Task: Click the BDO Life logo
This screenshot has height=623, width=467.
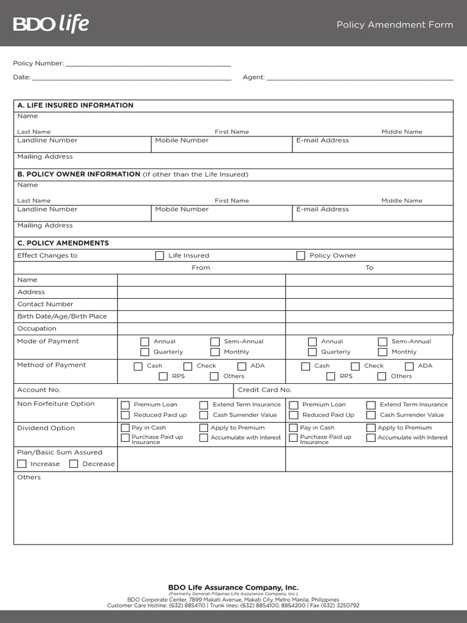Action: (x=51, y=24)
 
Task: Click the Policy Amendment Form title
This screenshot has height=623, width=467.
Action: (x=395, y=25)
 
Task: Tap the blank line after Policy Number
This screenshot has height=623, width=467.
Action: (x=148, y=64)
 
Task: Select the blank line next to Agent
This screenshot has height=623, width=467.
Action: (x=360, y=78)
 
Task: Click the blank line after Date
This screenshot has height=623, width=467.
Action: (x=131, y=78)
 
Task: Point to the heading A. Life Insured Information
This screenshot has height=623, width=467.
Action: (x=75, y=105)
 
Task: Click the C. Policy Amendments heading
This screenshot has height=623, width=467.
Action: (x=63, y=243)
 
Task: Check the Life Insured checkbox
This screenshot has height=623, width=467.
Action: (x=160, y=256)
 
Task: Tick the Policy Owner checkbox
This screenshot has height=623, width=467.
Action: (x=300, y=256)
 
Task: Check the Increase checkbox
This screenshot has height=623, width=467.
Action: (x=22, y=464)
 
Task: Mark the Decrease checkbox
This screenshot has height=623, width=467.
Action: (x=74, y=464)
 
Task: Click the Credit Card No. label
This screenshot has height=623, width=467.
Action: (x=265, y=390)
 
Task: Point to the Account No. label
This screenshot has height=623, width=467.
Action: (x=39, y=390)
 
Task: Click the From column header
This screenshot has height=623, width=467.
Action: (x=201, y=268)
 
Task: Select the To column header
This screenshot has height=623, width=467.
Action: (x=369, y=268)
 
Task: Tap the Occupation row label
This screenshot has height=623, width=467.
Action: (x=36, y=329)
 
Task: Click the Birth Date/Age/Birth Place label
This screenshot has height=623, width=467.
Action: (x=62, y=316)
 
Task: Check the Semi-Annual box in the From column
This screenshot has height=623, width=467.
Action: (x=215, y=342)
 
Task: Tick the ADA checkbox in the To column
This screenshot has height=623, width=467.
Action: (x=409, y=366)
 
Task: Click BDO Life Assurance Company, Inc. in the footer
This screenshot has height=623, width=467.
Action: (x=233, y=588)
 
